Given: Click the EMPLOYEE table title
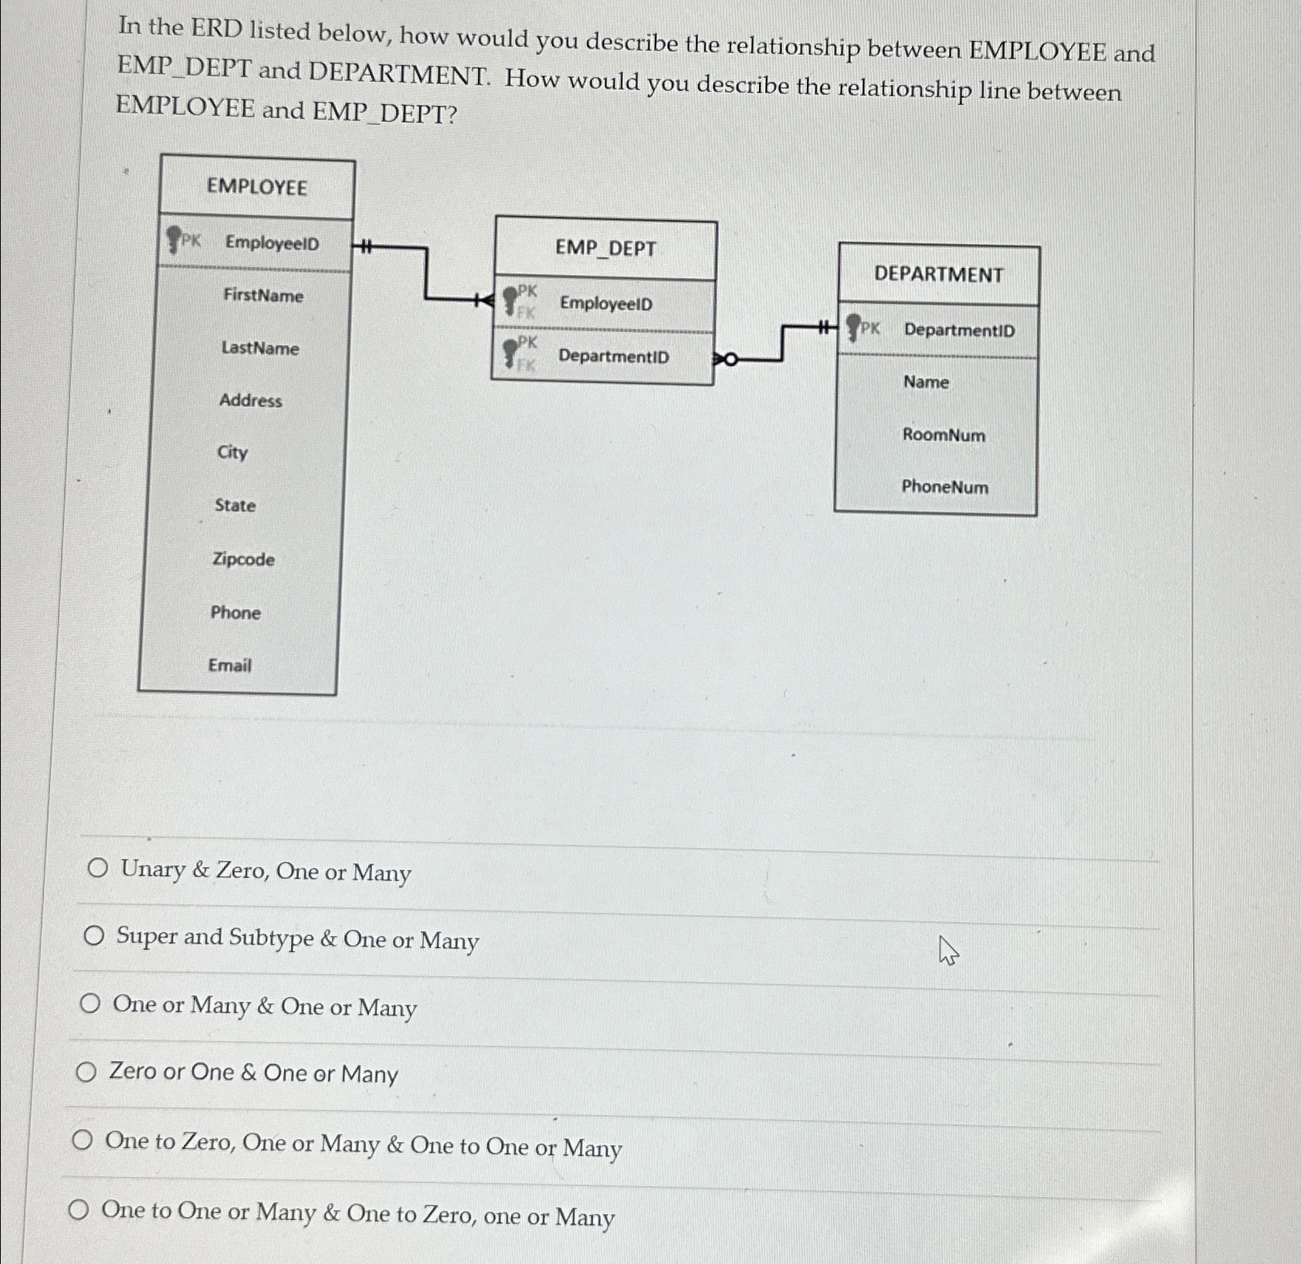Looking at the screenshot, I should point(256,188).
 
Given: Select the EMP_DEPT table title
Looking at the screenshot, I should point(605,249).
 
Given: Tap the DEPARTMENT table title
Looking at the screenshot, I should point(938,275).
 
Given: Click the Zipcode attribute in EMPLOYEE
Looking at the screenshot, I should point(243,559).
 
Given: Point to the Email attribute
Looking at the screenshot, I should point(229,666).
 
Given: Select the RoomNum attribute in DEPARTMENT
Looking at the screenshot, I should point(944,435).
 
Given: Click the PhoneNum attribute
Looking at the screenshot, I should point(944,487).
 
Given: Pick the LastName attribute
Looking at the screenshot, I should point(260,348).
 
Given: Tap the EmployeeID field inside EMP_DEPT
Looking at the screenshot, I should point(606,303).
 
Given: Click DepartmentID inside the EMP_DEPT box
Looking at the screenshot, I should point(613,357).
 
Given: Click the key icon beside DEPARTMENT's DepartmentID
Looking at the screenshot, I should point(853,327).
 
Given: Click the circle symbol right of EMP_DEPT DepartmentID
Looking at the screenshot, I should point(730,359).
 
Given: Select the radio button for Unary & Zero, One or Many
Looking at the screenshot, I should point(97,869).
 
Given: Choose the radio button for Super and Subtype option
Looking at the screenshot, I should point(94,937).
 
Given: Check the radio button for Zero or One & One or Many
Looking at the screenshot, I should point(86,1072).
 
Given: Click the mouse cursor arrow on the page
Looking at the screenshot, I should point(947,950).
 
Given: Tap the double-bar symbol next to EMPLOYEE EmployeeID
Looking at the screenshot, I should point(366,248).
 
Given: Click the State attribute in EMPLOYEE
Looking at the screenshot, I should point(235,506).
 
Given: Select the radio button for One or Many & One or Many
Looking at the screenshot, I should point(90,1004).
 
